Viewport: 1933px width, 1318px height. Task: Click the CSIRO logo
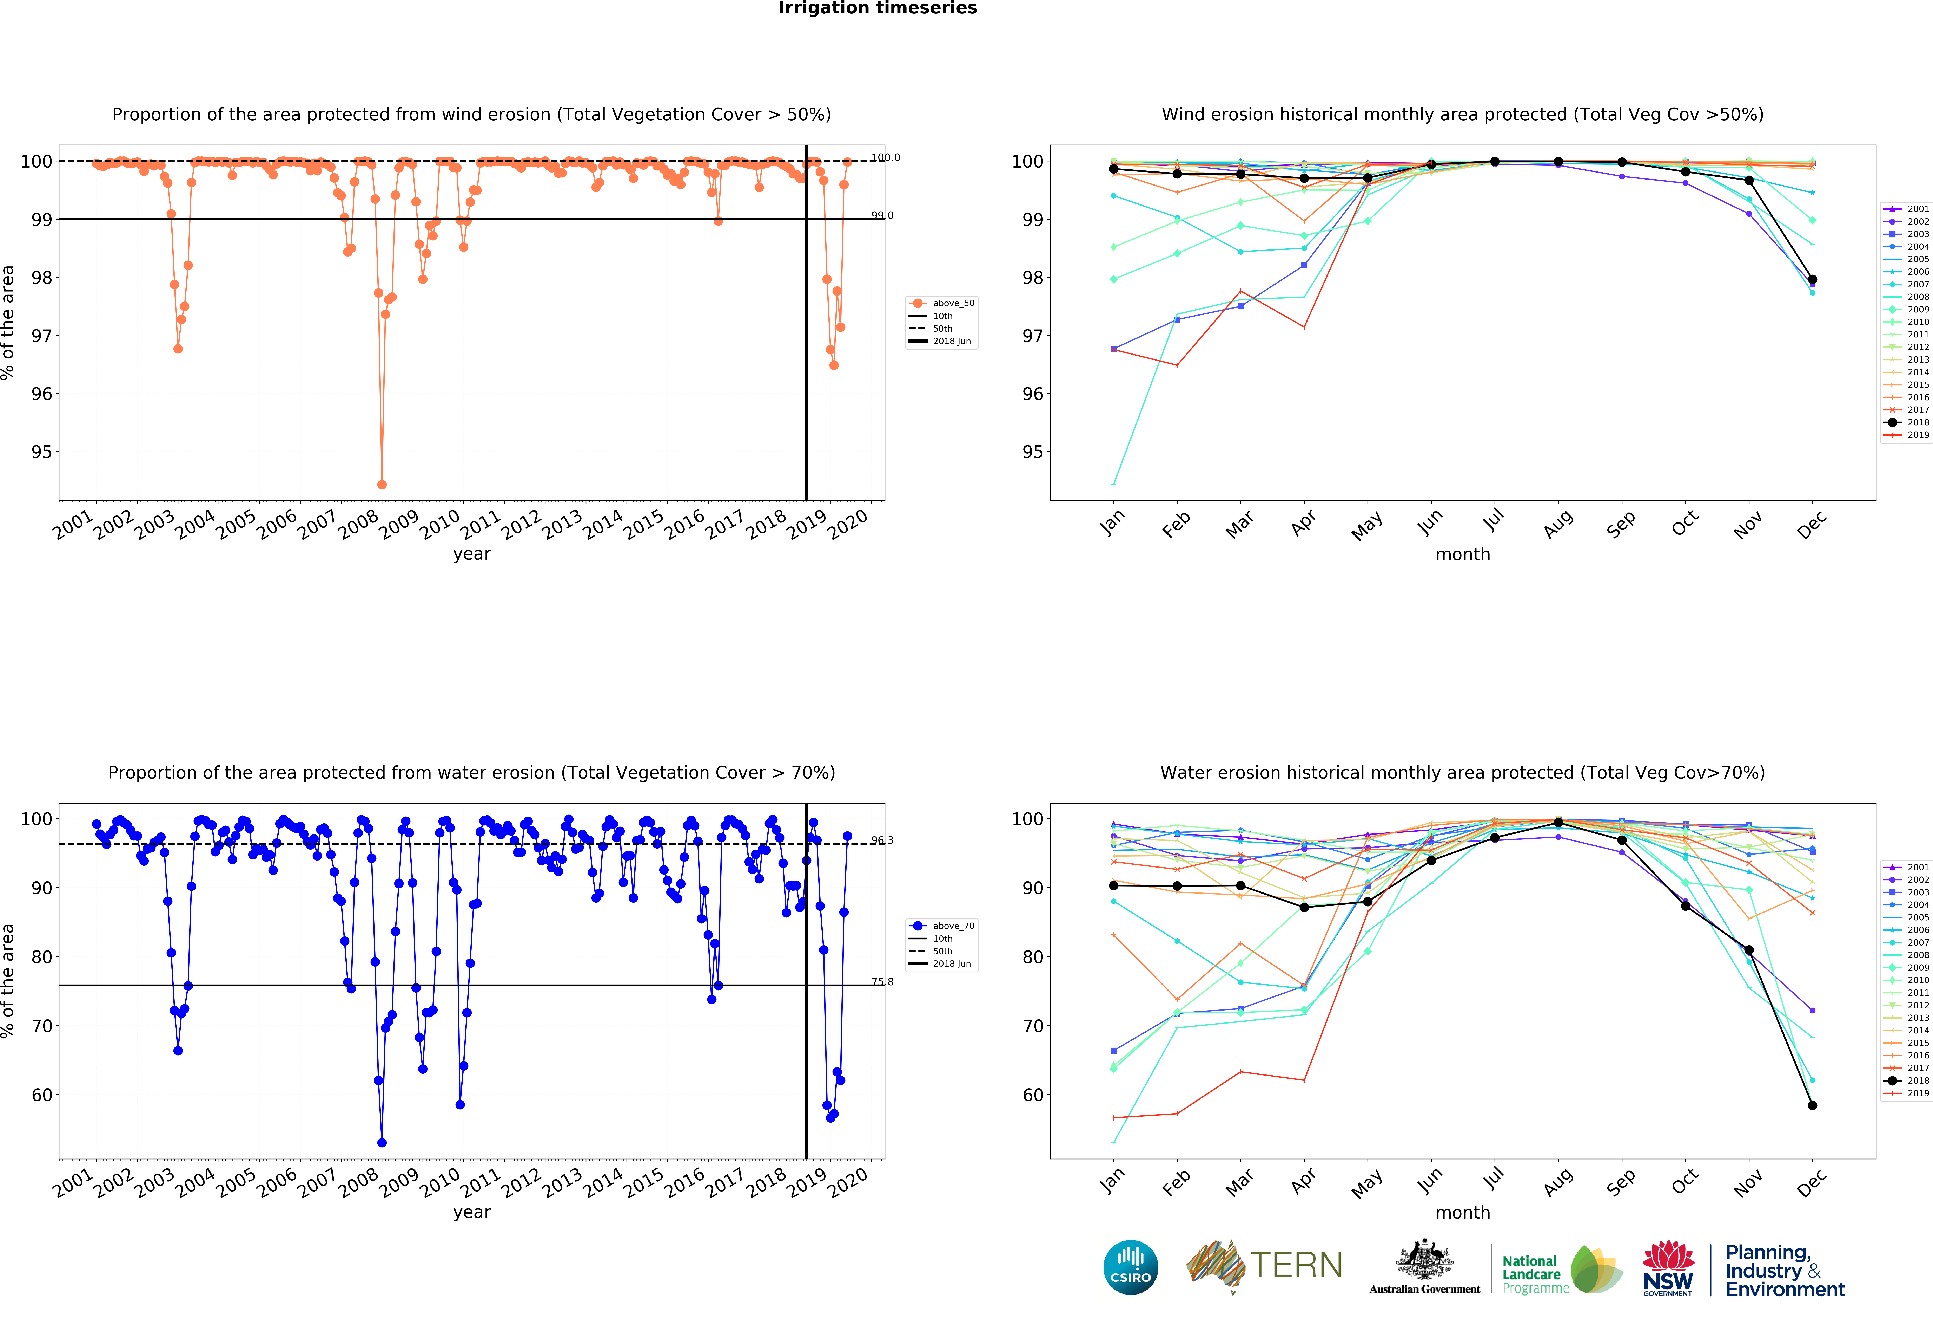point(1130,1267)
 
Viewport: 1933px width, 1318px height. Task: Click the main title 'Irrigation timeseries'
point(878,8)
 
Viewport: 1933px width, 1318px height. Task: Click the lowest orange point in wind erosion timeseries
point(382,484)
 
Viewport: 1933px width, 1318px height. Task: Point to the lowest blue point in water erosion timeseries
point(382,1142)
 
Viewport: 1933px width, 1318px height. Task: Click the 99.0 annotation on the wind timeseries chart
point(882,215)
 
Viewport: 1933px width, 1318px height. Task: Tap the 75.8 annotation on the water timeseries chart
point(882,982)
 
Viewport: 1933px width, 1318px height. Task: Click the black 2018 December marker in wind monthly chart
point(1812,280)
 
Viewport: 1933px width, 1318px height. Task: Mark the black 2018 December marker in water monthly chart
point(1812,1105)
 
